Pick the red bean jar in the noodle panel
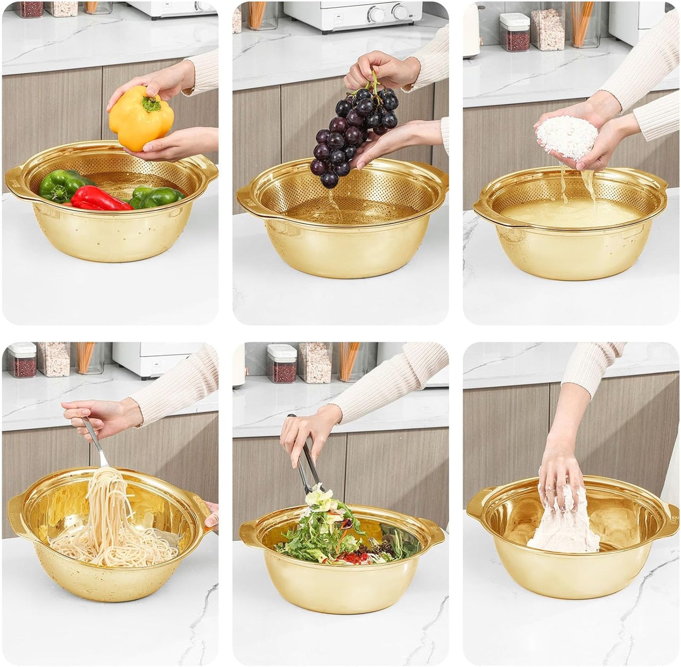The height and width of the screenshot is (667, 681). (x=22, y=360)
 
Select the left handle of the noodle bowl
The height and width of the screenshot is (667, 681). (x=17, y=511)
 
